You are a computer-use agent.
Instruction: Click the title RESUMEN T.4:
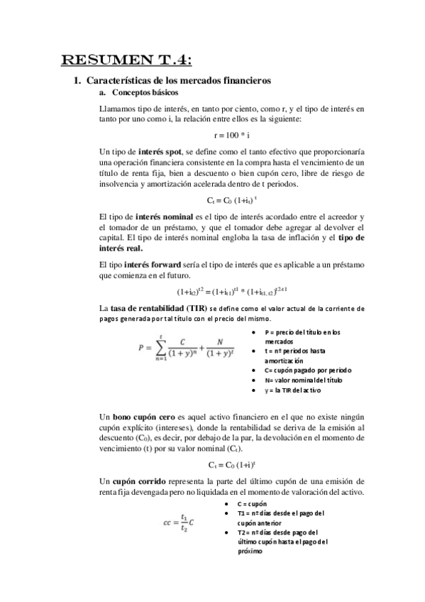[126, 58]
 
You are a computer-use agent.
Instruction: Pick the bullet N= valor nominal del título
[302, 381]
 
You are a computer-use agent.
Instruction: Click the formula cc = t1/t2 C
[178, 523]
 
